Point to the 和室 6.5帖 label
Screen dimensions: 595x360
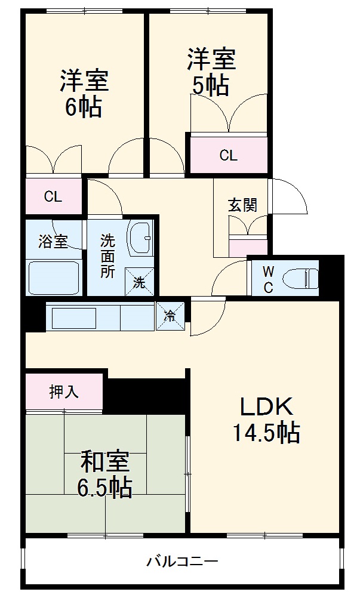pos(104,474)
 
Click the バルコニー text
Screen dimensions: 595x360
pos(182,561)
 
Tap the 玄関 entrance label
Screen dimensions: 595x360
pos(242,205)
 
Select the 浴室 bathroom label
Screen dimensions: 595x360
pos(53,242)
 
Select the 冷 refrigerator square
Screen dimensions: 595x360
pos(170,316)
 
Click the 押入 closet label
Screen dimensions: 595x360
pos(64,391)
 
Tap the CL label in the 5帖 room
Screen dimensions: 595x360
pos(228,156)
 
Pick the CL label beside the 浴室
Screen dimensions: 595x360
pos(53,197)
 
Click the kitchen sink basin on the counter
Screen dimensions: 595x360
pos(74,317)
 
